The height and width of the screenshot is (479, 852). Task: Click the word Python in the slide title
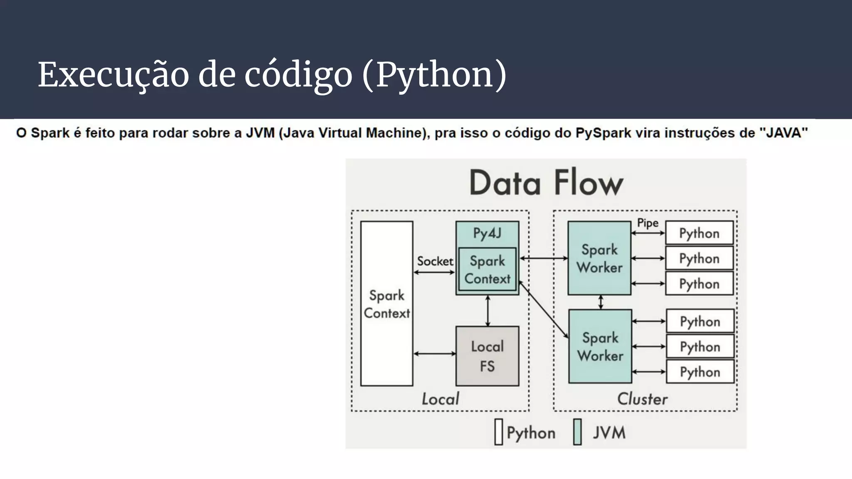click(x=434, y=75)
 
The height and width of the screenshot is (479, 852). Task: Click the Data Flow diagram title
click(x=546, y=183)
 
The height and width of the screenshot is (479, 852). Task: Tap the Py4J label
click(x=487, y=233)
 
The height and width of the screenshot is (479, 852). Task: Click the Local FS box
click(x=487, y=356)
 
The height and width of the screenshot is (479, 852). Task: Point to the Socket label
click(x=435, y=261)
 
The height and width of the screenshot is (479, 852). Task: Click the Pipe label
click(x=648, y=223)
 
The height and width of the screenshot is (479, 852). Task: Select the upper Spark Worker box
click(x=599, y=258)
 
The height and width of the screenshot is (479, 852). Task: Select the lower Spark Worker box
click(x=600, y=346)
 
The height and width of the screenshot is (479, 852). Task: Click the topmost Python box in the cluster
click(x=699, y=233)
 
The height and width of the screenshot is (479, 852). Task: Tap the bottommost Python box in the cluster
click(x=700, y=372)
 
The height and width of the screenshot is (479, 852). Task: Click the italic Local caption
click(x=440, y=399)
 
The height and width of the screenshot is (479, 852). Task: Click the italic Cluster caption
click(x=642, y=399)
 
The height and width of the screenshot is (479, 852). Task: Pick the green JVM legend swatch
click(x=577, y=432)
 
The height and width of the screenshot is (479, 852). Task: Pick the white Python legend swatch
click(x=498, y=432)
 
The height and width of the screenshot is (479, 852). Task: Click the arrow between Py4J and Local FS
click(x=488, y=311)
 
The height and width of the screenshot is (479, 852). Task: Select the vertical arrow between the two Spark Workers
click(x=600, y=302)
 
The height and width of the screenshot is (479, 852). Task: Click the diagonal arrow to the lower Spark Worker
click(x=543, y=310)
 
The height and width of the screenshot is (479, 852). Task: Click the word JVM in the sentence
click(x=260, y=133)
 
